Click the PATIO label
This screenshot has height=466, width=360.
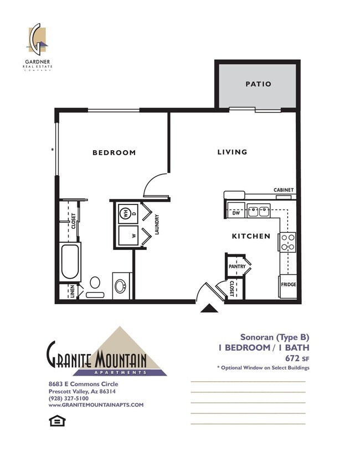[x=258, y=84]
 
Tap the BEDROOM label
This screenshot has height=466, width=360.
[x=114, y=153]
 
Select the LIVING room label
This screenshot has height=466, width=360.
[x=232, y=152]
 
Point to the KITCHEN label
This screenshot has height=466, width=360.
[x=251, y=236]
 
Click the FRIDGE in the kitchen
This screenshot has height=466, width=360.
[x=289, y=285]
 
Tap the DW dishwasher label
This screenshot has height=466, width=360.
[x=236, y=212]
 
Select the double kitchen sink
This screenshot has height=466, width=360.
[x=258, y=211]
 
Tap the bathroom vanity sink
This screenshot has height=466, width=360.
[x=121, y=285]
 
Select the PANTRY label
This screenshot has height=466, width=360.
[x=237, y=267]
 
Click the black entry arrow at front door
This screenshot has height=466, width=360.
[x=208, y=310]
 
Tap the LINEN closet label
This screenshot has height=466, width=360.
[x=73, y=291]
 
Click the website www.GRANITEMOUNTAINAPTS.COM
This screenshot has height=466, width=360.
[x=96, y=405]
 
